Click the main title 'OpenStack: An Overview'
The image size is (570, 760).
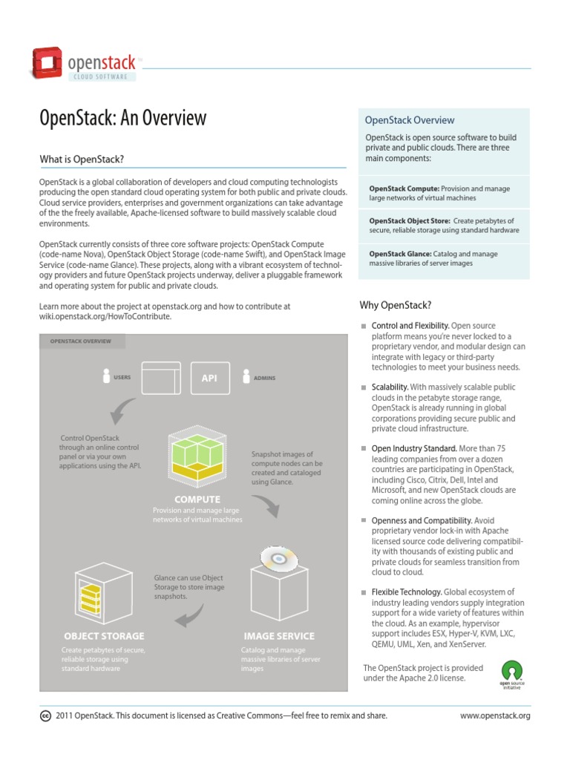tap(122, 119)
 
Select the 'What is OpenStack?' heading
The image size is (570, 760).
tap(82, 160)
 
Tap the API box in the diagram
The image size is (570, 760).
tap(209, 378)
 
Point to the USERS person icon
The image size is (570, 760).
tap(107, 376)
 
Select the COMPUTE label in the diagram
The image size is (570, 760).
tap(197, 499)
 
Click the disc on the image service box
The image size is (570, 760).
tap(278, 558)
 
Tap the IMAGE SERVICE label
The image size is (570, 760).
tap(279, 636)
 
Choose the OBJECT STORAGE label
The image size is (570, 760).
tap(104, 636)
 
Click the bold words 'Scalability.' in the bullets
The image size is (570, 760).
tap(390, 387)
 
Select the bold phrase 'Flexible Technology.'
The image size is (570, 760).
tap(407, 592)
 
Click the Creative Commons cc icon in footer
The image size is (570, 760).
tap(45, 716)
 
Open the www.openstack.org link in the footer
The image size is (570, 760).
tap(495, 716)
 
